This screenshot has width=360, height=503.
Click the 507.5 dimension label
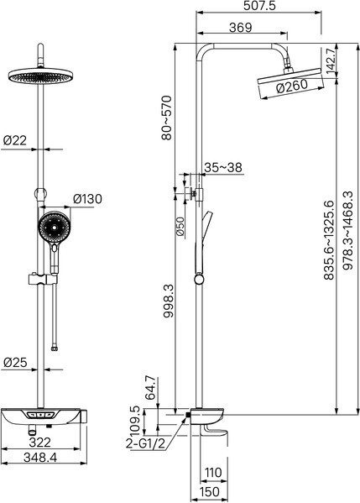pos(259,5)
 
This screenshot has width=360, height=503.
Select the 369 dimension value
pos(241,28)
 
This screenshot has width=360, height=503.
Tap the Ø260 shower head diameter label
pos(292,86)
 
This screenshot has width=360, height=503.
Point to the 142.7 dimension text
pos(331,61)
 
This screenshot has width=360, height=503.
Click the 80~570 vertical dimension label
pos(167,118)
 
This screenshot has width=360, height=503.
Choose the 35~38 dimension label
pos(223,167)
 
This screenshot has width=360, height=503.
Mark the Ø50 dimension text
pos(180,227)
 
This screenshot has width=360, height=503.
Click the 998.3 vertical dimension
pos(169,301)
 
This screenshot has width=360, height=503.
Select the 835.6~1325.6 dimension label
pos(329,239)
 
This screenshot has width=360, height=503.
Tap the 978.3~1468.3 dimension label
pos(348,230)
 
